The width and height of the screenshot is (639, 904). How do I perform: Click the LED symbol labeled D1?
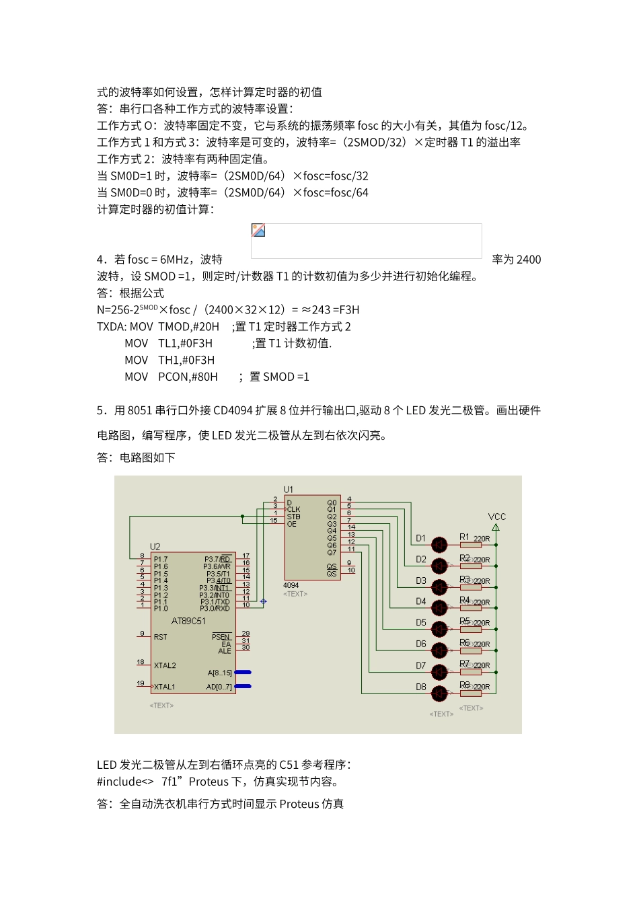click(x=439, y=544)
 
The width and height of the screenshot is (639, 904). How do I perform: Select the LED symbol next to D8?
click(x=439, y=693)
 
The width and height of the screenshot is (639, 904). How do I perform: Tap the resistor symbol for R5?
click(x=471, y=629)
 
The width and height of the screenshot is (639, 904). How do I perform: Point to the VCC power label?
click(x=497, y=517)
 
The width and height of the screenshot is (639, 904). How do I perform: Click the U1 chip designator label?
click(x=289, y=490)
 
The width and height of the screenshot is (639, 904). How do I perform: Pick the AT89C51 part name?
click(x=188, y=621)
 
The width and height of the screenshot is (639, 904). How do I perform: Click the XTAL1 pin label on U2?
click(x=165, y=687)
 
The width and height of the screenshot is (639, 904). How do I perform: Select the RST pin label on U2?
click(x=160, y=637)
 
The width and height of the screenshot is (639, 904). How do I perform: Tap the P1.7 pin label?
click(x=161, y=559)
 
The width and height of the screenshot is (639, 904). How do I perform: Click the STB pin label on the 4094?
click(x=294, y=517)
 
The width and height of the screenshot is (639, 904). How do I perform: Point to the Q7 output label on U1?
click(x=332, y=552)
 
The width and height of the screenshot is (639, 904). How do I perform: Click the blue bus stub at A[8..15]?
click(x=243, y=672)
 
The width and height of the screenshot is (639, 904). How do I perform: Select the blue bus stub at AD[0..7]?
click(x=243, y=686)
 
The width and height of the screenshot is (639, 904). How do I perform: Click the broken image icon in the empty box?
click(x=258, y=231)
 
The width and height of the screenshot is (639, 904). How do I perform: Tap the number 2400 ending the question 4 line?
click(x=529, y=260)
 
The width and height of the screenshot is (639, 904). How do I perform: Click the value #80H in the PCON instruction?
click(x=204, y=377)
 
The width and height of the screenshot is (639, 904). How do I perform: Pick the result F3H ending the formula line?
click(x=348, y=310)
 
